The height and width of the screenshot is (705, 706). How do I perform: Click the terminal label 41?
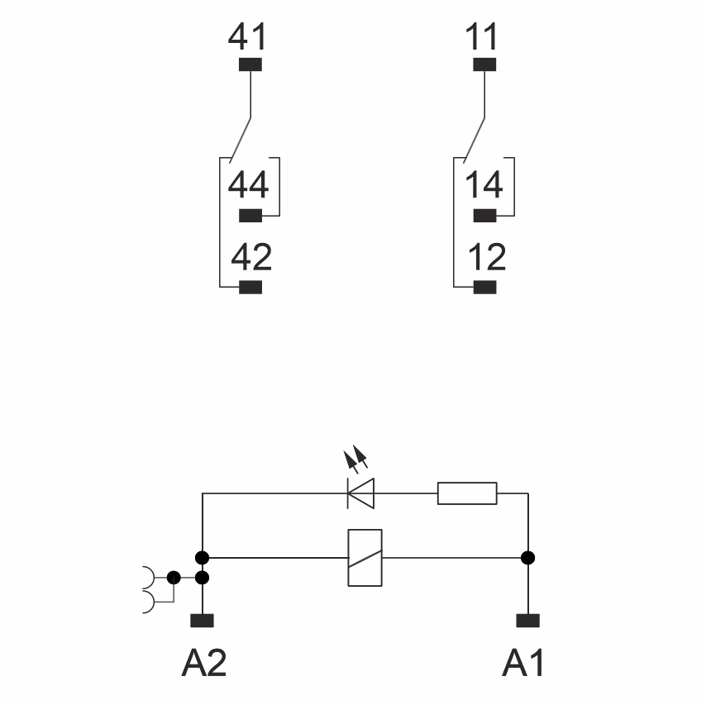click(x=248, y=38)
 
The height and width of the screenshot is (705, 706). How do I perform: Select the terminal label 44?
click(x=248, y=185)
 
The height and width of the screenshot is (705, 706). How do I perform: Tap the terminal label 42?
click(x=250, y=258)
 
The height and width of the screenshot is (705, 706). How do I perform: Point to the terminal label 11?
click(x=484, y=38)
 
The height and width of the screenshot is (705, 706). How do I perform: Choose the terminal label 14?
click(x=484, y=185)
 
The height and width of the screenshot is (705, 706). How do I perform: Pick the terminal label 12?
click(x=486, y=258)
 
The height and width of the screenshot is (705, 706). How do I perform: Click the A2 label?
click(x=203, y=663)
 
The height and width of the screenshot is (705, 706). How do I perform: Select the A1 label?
click(x=524, y=663)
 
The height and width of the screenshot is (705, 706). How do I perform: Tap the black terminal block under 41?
click(x=250, y=64)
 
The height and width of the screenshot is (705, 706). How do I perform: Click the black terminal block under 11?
click(x=484, y=64)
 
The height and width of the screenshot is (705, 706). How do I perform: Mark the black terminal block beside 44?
click(x=250, y=217)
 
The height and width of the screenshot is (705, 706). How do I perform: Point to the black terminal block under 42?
click(x=250, y=288)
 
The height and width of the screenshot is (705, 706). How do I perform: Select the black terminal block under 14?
click(x=484, y=217)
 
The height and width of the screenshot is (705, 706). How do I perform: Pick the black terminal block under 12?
click(x=484, y=288)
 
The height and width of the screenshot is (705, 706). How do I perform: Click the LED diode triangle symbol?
click(x=361, y=493)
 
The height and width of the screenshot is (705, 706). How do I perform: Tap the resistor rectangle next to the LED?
click(x=467, y=493)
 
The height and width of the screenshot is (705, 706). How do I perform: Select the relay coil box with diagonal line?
click(x=365, y=558)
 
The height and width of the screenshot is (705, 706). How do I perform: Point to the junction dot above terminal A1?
click(x=528, y=558)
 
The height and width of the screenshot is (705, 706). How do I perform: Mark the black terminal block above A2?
click(x=202, y=620)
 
